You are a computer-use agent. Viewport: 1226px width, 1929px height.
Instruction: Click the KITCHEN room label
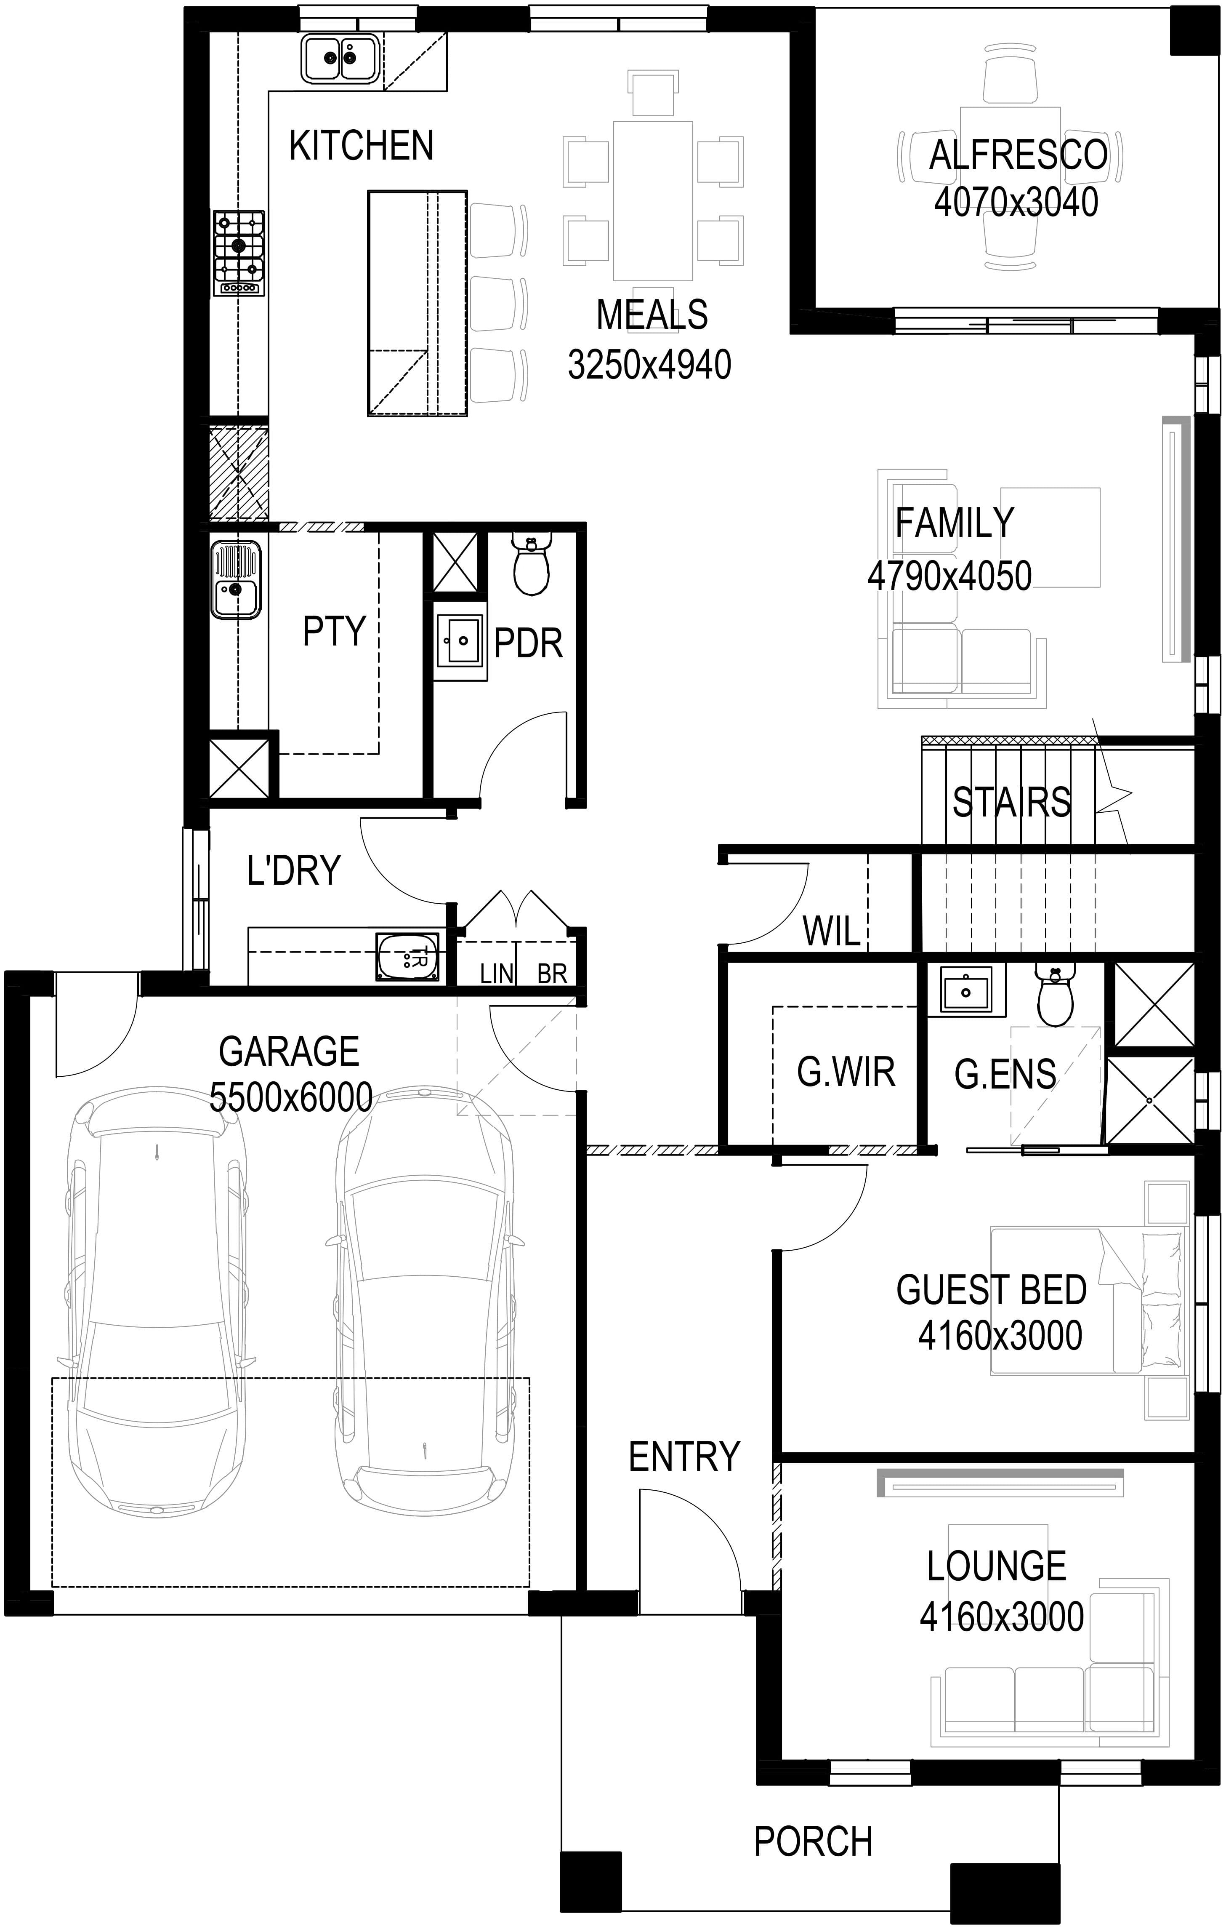[x=361, y=146]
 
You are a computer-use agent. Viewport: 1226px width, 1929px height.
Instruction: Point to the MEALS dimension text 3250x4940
[x=649, y=365]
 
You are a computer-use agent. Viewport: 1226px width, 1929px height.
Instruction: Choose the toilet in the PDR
[x=530, y=566]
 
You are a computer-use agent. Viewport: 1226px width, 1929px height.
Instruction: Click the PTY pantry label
[x=334, y=631]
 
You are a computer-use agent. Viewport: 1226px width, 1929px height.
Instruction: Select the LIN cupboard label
[x=497, y=974]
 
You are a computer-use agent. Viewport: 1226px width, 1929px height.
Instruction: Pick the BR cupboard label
[x=553, y=974]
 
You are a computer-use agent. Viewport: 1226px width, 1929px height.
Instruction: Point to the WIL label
[x=831, y=932]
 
